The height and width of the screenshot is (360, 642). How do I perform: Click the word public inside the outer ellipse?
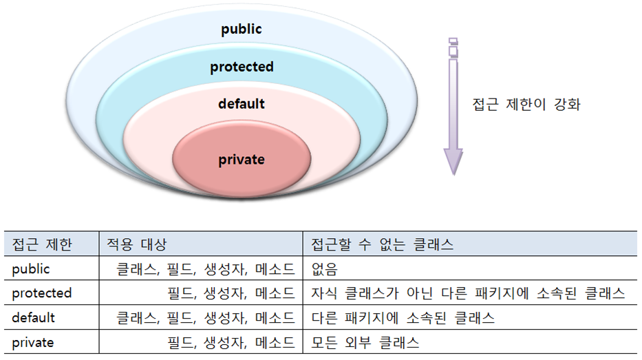(x=241, y=30)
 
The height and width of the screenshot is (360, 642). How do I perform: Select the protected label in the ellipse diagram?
(x=242, y=67)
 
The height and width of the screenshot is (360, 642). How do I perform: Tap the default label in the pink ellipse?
(x=241, y=104)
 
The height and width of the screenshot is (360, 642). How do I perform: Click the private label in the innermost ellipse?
(x=241, y=160)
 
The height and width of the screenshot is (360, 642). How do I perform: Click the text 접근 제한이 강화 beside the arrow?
(x=526, y=105)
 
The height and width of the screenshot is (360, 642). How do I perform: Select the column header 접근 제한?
(x=42, y=244)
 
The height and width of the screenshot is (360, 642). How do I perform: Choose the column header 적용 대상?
(x=136, y=244)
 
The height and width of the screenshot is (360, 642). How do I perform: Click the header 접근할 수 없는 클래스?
(x=382, y=244)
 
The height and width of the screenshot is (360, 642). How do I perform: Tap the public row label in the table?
(x=31, y=269)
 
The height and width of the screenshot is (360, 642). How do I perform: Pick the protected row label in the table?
(x=42, y=293)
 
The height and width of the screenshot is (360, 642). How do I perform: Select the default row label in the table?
(x=34, y=318)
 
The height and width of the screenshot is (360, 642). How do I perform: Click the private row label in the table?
(x=33, y=342)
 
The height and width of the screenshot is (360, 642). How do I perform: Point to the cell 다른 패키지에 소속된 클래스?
(x=403, y=318)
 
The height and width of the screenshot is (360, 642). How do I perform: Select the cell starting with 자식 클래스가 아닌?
(x=467, y=293)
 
